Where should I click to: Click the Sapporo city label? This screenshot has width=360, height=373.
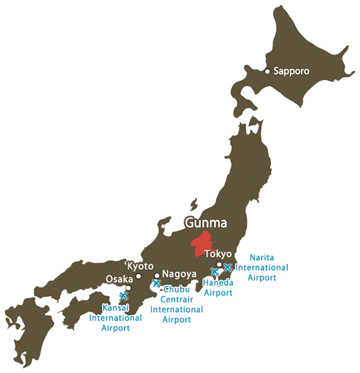pyautogui.click(x=291, y=71)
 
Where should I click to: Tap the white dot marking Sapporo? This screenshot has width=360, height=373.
pyautogui.click(x=268, y=72)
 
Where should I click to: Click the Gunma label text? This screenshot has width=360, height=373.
pyautogui.click(x=206, y=223)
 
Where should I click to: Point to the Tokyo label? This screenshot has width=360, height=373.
pyautogui.click(x=218, y=254)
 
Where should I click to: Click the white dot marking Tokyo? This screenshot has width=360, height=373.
pyautogui.click(x=219, y=265)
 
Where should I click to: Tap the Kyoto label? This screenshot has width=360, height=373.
pyautogui.click(x=141, y=266)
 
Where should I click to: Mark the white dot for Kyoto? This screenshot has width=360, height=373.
pyautogui.click(x=138, y=276)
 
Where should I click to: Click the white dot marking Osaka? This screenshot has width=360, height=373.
pyautogui.click(x=128, y=288)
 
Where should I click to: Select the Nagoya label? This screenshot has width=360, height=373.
pyautogui.click(x=179, y=274)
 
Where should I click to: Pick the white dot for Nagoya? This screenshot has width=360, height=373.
pyautogui.click(x=157, y=276)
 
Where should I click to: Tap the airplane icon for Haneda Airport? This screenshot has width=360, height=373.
pyautogui.click(x=215, y=272)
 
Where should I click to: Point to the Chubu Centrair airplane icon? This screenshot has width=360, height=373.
pyautogui.click(x=157, y=284)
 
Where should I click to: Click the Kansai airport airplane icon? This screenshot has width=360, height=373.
pyautogui.click(x=124, y=296)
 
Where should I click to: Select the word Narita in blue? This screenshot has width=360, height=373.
pyautogui.click(x=262, y=257)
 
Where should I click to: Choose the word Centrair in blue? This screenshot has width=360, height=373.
pyautogui.click(x=176, y=300)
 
